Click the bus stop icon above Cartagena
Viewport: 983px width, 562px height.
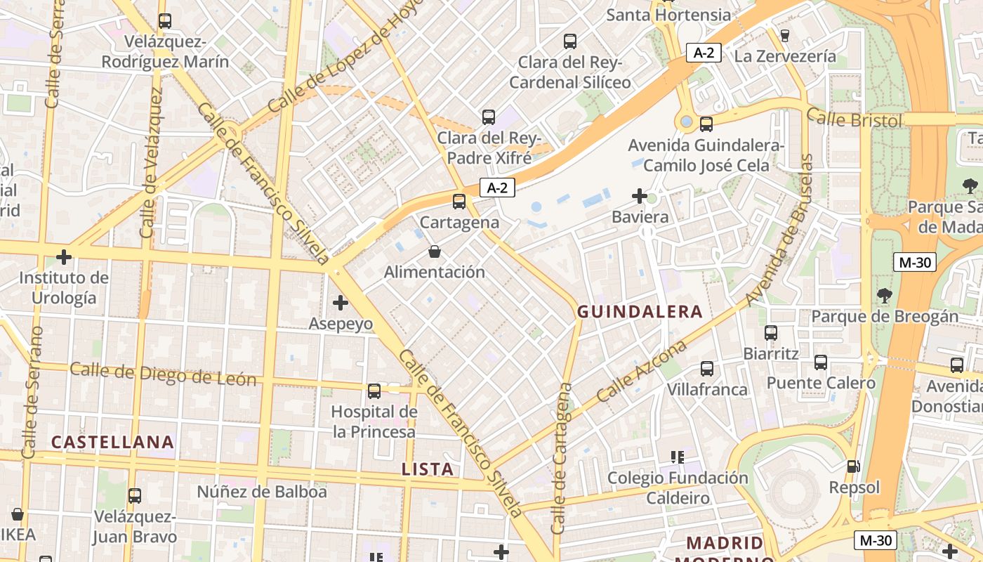(x=459, y=202)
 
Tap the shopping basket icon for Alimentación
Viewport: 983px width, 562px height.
(x=435, y=251)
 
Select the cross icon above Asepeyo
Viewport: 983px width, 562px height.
(x=341, y=303)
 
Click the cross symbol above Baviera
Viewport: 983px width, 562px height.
(x=639, y=196)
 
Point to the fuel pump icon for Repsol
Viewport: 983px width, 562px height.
(x=854, y=466)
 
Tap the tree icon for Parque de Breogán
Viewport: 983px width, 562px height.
(x=884, y=296)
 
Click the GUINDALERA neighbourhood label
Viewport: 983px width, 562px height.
(x=640, y=312)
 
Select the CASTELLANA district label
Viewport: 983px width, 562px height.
(x=112, y=442)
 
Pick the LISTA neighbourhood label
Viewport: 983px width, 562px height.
(x=428, y=469)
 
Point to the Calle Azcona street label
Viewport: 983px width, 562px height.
(x=641, y=372)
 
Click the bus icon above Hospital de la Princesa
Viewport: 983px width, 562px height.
(x=374, y=391)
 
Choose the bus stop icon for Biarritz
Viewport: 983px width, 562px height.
(x=771, y=333)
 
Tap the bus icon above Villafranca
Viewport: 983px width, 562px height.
(x=707, y=369)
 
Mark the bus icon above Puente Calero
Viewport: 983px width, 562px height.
(x=821, y=362)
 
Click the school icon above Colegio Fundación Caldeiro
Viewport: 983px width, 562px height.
(x=678, y=457)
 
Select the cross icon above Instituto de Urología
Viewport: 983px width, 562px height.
(x=64, y=257)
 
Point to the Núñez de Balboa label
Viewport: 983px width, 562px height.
(x=262, y=492)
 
